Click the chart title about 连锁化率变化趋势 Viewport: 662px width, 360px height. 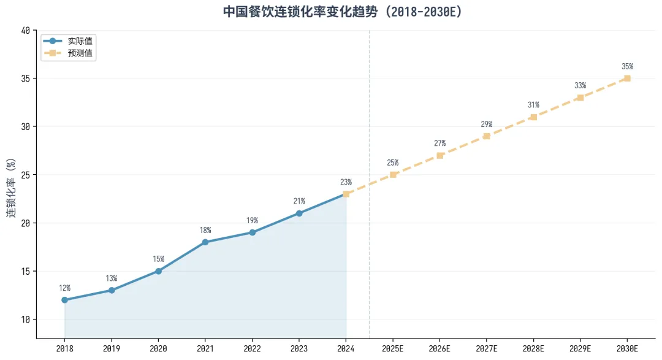pos(343,12)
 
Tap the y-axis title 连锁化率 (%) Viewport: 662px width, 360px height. pos(12,188)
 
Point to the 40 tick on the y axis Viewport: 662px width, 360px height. pos(25,31)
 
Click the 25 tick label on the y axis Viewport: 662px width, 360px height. pos(25,175)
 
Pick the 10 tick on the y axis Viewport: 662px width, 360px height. pos(25,320)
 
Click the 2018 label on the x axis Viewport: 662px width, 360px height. pos(64,348)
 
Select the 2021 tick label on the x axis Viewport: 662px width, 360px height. pos(205,348)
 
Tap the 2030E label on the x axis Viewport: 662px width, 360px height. pos(628,348)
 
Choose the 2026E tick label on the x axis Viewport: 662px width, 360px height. pos(439,348)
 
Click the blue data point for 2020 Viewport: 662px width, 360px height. pos(158,271)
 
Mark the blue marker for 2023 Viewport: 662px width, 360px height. pos(299,213)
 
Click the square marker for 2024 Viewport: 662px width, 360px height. pos(346,194)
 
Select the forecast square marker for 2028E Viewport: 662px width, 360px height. pos(534,117)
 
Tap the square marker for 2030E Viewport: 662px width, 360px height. pos(628,79)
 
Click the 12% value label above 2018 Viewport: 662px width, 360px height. pos(64,288)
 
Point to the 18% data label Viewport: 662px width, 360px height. pos(205,230)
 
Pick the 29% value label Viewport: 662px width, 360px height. pos(486,124)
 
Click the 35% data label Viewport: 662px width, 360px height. pos(628,66)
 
